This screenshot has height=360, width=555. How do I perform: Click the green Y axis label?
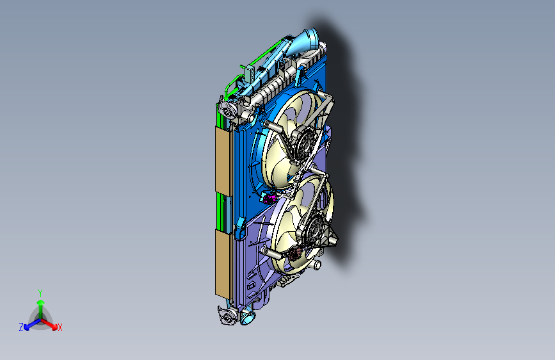(40, 292)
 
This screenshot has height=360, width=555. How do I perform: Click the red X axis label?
(60, 328)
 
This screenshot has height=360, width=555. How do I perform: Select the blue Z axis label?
(21, 327)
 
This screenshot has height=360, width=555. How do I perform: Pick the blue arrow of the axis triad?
(29, 324)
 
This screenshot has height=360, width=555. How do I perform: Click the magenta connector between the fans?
(269, 199)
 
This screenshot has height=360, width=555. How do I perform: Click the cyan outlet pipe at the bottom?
(247, 316)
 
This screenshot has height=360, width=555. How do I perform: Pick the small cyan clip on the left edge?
(240, 225)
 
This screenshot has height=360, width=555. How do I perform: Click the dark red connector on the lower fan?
(295, 255)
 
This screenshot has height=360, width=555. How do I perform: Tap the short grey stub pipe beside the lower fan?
(317, 265)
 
